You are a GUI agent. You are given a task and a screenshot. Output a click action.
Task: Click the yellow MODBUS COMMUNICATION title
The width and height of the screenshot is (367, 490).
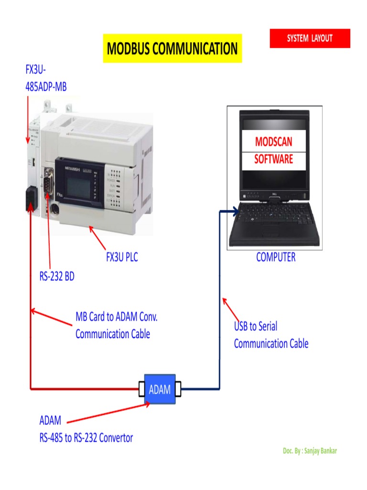(x=173, y=49)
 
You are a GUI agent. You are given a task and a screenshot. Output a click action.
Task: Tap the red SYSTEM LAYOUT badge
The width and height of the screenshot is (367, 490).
(x=310, y=38)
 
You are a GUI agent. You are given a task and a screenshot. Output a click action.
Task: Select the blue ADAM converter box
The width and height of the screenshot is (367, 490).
(x=160, y=389)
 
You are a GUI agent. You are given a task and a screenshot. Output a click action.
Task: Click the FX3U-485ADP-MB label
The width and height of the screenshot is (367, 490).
(x=46, y=78)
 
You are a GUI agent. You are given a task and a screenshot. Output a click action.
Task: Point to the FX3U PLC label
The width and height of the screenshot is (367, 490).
(x=122, y=257)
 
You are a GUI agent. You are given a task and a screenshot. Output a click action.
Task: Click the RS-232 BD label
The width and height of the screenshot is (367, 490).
(x=57, y=277)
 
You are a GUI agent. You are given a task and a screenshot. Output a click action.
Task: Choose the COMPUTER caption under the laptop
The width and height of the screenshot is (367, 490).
(x=276, y=257)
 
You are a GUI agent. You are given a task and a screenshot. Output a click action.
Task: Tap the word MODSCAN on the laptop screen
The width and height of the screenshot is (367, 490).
(x=273, y=142)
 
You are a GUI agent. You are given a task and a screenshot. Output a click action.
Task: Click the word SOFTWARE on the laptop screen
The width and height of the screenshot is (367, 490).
(x=273, y=159)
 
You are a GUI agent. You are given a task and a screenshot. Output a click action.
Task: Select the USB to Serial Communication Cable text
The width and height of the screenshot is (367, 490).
(x=270, y=335)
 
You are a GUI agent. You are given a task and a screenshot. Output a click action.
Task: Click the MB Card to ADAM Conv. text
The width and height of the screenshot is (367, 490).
(x=117, y=317)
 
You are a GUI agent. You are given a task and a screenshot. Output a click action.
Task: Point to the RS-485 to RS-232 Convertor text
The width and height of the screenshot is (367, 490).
(x=86, y=437)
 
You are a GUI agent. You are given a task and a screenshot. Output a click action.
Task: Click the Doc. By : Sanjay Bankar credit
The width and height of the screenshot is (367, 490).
(x=310, y=451)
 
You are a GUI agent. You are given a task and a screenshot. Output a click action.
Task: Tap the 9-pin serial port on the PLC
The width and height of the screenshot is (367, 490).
(x=48, y=182)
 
